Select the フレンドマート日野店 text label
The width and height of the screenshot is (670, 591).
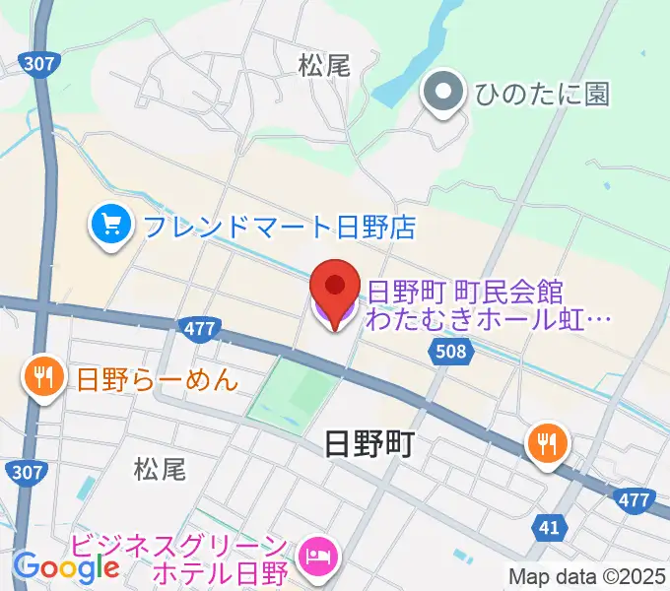[x=279, y=229]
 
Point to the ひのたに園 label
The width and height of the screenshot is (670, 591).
[x=541, y=95]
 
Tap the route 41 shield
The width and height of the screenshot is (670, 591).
[x=549, y=528]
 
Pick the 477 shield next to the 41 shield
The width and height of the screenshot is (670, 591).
[x=634, y=501]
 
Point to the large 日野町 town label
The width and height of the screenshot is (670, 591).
[x=369, y=445]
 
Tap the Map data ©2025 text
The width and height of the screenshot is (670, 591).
[x=586, y=575]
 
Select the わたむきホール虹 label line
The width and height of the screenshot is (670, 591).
[x=489, y=319]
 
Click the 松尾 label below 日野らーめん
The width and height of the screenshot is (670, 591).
[x=160, y=469]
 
